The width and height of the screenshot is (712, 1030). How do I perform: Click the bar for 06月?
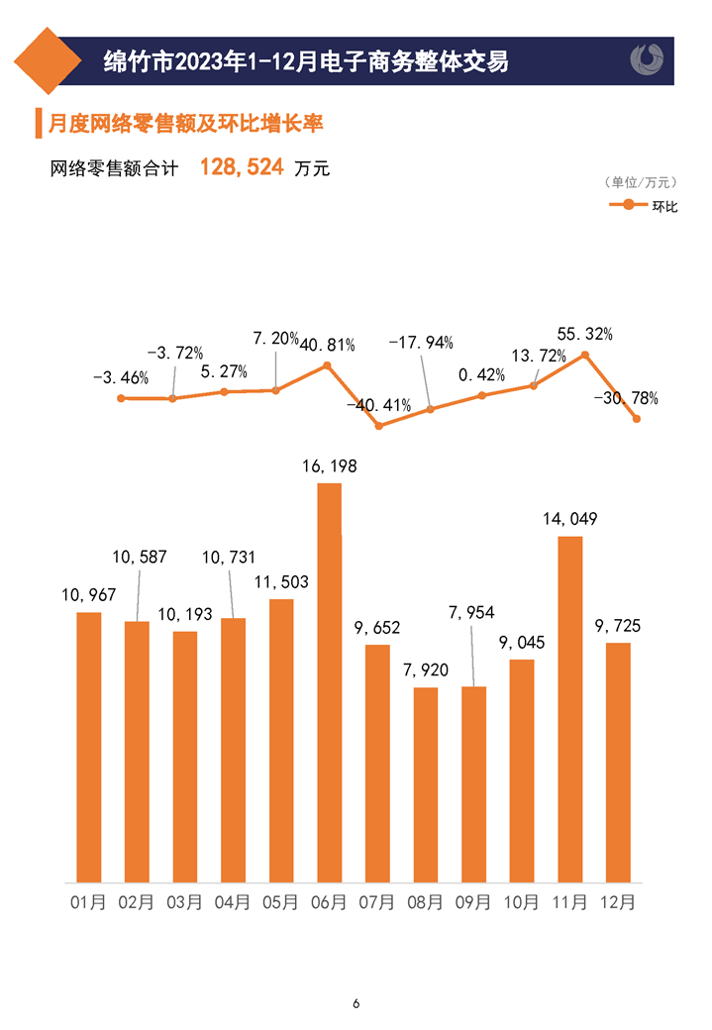tap(329, 683)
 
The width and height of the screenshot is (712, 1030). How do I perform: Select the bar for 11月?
tap(570, 709)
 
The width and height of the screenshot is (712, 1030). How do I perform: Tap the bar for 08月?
tap(426, 784)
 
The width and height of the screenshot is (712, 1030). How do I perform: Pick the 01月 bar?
tap(88, 747)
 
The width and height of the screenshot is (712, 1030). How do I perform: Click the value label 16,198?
tap(329, 466)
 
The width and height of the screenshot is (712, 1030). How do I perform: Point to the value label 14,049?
tap(570, 519)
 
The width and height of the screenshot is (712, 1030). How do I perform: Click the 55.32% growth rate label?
tap(584, 334)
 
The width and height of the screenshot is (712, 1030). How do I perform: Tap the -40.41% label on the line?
tap(377, 406)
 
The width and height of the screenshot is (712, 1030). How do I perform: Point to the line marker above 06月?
tap(328, 365)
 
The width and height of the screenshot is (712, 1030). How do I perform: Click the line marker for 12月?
tap(637, 419)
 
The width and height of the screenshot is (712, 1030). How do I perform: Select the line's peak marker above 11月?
tap(585, 355)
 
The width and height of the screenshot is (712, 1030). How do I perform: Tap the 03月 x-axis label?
tap(184, 902)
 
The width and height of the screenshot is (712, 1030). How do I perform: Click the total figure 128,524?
tap(242, 168)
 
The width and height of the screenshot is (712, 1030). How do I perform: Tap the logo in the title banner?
tap(650, 60)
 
